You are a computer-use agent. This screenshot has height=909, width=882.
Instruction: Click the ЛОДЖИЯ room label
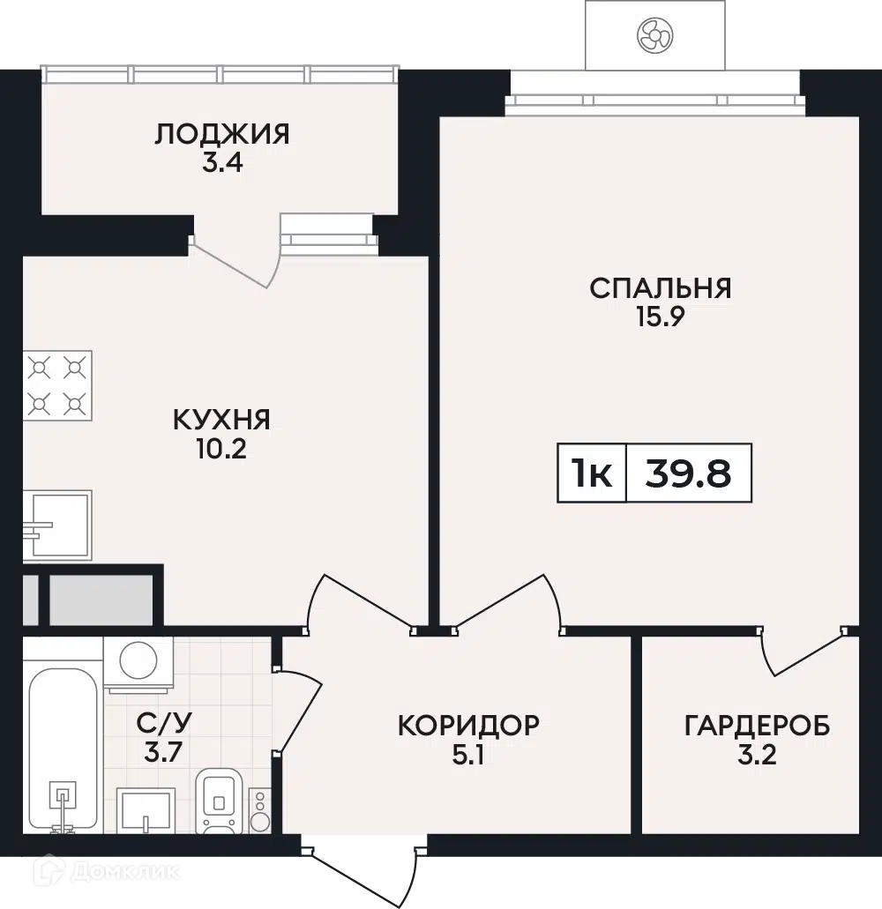coord(221,134)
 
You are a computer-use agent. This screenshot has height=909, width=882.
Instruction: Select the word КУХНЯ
coord(221,419)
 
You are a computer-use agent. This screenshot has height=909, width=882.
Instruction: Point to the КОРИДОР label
coord(467,725)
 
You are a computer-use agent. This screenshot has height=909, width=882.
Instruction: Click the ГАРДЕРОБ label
coord(757,726)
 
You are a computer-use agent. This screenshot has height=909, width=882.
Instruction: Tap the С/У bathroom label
coord(164,723)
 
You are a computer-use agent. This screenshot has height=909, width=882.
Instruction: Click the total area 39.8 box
coord(689,473)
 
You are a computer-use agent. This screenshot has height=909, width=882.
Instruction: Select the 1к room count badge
coord(592,473)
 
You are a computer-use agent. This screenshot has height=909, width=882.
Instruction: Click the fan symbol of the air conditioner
coord(654,34)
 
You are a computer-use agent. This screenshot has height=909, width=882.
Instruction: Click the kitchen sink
coord(58,525)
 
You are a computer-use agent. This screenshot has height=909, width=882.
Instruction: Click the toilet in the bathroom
coord(217,801)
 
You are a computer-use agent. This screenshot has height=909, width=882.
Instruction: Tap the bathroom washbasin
coord(145,809)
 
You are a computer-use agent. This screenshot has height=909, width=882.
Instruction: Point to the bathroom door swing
coord(300,710)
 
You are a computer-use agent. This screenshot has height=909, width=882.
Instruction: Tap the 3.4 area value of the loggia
coord(221,163)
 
